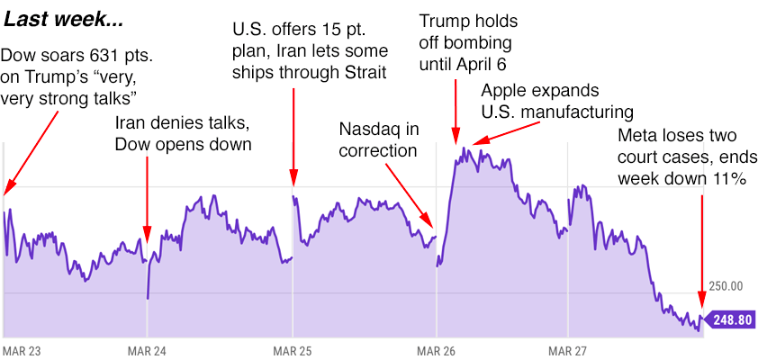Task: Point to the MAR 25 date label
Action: click(291, 350)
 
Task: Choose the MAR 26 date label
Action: click(436, 350)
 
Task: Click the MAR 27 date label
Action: click(565, 350)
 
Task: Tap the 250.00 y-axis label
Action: click(726, 286)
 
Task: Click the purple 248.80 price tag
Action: click(730, 319)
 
